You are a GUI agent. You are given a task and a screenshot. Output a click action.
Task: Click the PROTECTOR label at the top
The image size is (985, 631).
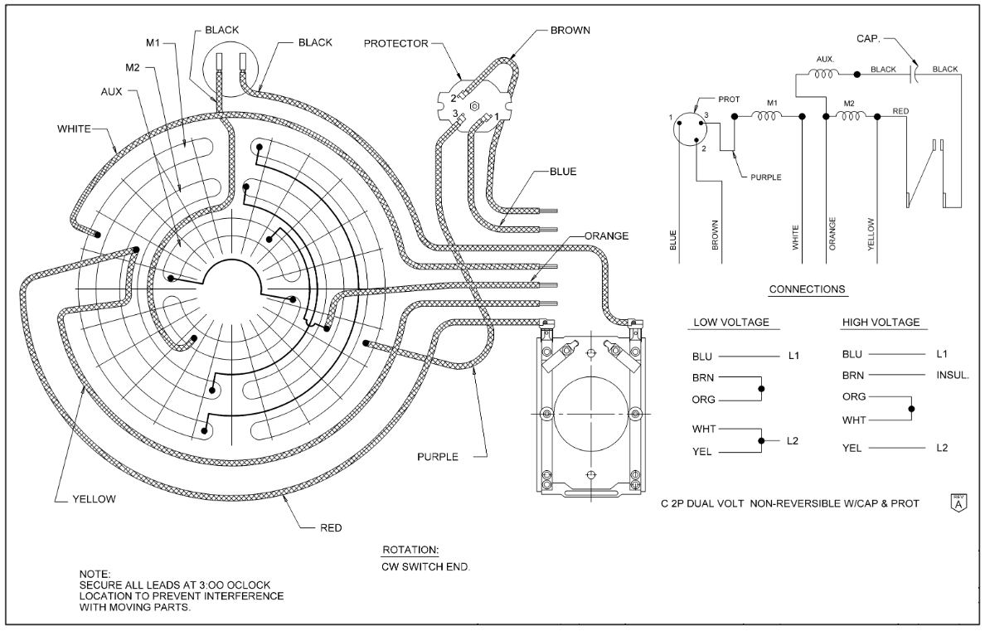(396, 42)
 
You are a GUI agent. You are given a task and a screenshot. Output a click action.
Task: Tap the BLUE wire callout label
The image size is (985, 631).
(563, 172)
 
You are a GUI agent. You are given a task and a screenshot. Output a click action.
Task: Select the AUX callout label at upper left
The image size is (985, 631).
(111, 91)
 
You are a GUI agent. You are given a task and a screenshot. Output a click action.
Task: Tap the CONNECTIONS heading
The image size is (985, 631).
(807, 290)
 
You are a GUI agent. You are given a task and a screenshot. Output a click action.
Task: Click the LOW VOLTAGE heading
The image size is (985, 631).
(730, 323)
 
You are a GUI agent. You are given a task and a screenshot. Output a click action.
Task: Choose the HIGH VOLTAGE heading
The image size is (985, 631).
(881, 323)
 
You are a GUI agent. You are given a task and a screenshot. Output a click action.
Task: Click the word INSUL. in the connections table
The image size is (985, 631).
(953, 376)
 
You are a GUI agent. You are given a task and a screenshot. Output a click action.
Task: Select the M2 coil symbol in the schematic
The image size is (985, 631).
(851, 117)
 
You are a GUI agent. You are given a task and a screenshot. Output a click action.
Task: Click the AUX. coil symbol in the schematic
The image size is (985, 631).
(825, 74)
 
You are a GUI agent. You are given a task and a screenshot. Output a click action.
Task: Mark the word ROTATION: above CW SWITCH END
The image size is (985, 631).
(410, 551)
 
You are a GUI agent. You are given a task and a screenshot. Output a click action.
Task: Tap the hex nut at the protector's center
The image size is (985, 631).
(473, 106)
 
